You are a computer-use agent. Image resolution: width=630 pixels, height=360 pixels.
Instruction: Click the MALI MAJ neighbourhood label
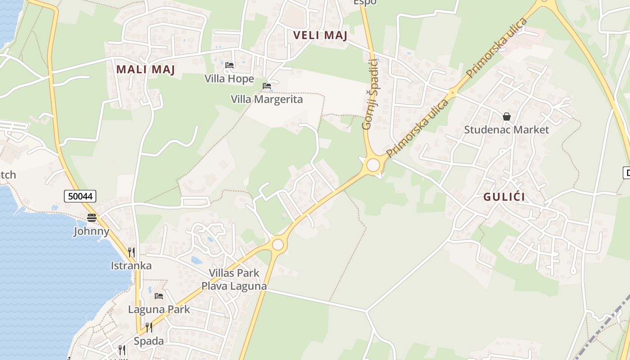click(145, 69)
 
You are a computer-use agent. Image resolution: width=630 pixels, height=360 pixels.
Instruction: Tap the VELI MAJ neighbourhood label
click(320, 35)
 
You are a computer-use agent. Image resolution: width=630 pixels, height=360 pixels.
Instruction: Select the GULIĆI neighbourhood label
click(504, 197)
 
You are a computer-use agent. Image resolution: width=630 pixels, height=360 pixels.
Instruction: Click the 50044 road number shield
click(80, 196)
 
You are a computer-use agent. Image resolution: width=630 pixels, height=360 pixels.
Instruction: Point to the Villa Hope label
click(229, 79)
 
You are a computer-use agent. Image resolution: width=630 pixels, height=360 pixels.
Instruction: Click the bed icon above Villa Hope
click(229, 65)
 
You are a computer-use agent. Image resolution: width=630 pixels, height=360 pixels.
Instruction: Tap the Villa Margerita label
click(267, 99)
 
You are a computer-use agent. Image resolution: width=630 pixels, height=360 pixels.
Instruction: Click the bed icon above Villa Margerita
click(267, 85)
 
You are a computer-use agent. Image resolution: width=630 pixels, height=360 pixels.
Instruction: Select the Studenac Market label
click(506, 130)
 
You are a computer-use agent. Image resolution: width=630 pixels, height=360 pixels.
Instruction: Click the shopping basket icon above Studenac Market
click(507, 117)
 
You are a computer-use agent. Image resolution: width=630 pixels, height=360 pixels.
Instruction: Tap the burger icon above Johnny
click(92, 218)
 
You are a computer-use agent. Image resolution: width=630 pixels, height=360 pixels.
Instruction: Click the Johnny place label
click(92, 231)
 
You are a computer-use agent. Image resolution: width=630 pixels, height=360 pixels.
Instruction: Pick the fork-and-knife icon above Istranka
click(131, 252)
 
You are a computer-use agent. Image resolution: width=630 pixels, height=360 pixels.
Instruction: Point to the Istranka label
click(131, 265)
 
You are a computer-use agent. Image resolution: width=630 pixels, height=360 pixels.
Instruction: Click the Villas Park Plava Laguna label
click(234, 279)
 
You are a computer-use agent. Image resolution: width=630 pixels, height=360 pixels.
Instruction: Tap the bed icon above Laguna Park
click(159, 296)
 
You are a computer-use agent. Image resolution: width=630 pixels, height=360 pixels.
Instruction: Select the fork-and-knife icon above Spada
click(148, 327)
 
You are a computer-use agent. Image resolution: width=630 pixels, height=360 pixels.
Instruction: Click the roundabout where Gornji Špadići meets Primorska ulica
click(373, 165)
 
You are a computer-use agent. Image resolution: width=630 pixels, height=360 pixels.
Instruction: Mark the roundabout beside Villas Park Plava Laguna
click(278, 244)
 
